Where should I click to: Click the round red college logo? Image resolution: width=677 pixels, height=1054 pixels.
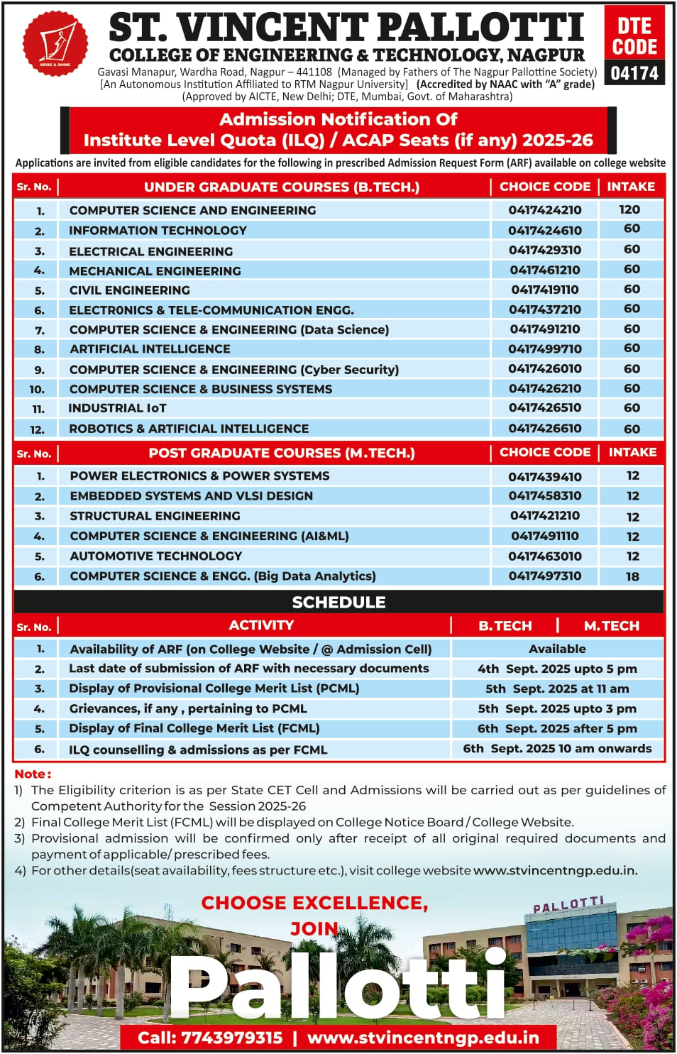(x=55, y=43)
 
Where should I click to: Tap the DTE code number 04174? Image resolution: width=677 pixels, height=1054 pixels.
(x=634, y=73)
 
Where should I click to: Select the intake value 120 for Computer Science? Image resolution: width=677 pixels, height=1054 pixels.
(x=629, y=209)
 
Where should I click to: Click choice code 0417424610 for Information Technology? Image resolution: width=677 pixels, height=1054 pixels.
(x=544, y=230)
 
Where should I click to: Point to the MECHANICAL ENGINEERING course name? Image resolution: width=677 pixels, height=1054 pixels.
(x=155, y=270)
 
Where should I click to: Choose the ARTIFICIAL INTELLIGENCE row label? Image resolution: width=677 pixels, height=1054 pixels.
(x=150, y=348)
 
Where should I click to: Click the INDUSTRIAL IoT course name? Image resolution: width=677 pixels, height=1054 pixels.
(x=117, y=408)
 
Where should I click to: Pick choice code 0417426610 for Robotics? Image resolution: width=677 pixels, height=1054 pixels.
(x=544, y=428)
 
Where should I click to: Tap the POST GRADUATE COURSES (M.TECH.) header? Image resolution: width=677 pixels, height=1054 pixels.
(x=281, y=453)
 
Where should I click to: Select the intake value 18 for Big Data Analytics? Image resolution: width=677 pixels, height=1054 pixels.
(x=632, y=576)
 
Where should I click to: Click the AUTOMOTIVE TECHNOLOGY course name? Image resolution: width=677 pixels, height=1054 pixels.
(x=155, y=556)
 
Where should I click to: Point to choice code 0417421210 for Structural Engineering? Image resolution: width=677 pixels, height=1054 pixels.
(x=544, y=515)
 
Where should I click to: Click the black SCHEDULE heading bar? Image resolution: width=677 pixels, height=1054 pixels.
(x=338, y=602)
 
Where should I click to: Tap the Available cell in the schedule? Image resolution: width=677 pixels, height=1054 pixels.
(x=557, y=649)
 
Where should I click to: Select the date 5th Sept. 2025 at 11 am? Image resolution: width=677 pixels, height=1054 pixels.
(x=557, y=688)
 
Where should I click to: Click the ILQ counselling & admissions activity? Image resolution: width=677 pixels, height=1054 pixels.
(x=198, y=750)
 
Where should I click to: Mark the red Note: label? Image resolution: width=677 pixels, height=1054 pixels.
(x=33, y=774)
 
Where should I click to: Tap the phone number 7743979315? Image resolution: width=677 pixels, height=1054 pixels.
(x=231, y=1038)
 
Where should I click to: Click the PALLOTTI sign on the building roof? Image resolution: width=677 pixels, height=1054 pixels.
(x=568, y=905)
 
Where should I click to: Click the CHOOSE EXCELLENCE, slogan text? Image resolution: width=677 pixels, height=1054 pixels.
(x=314, y=903)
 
